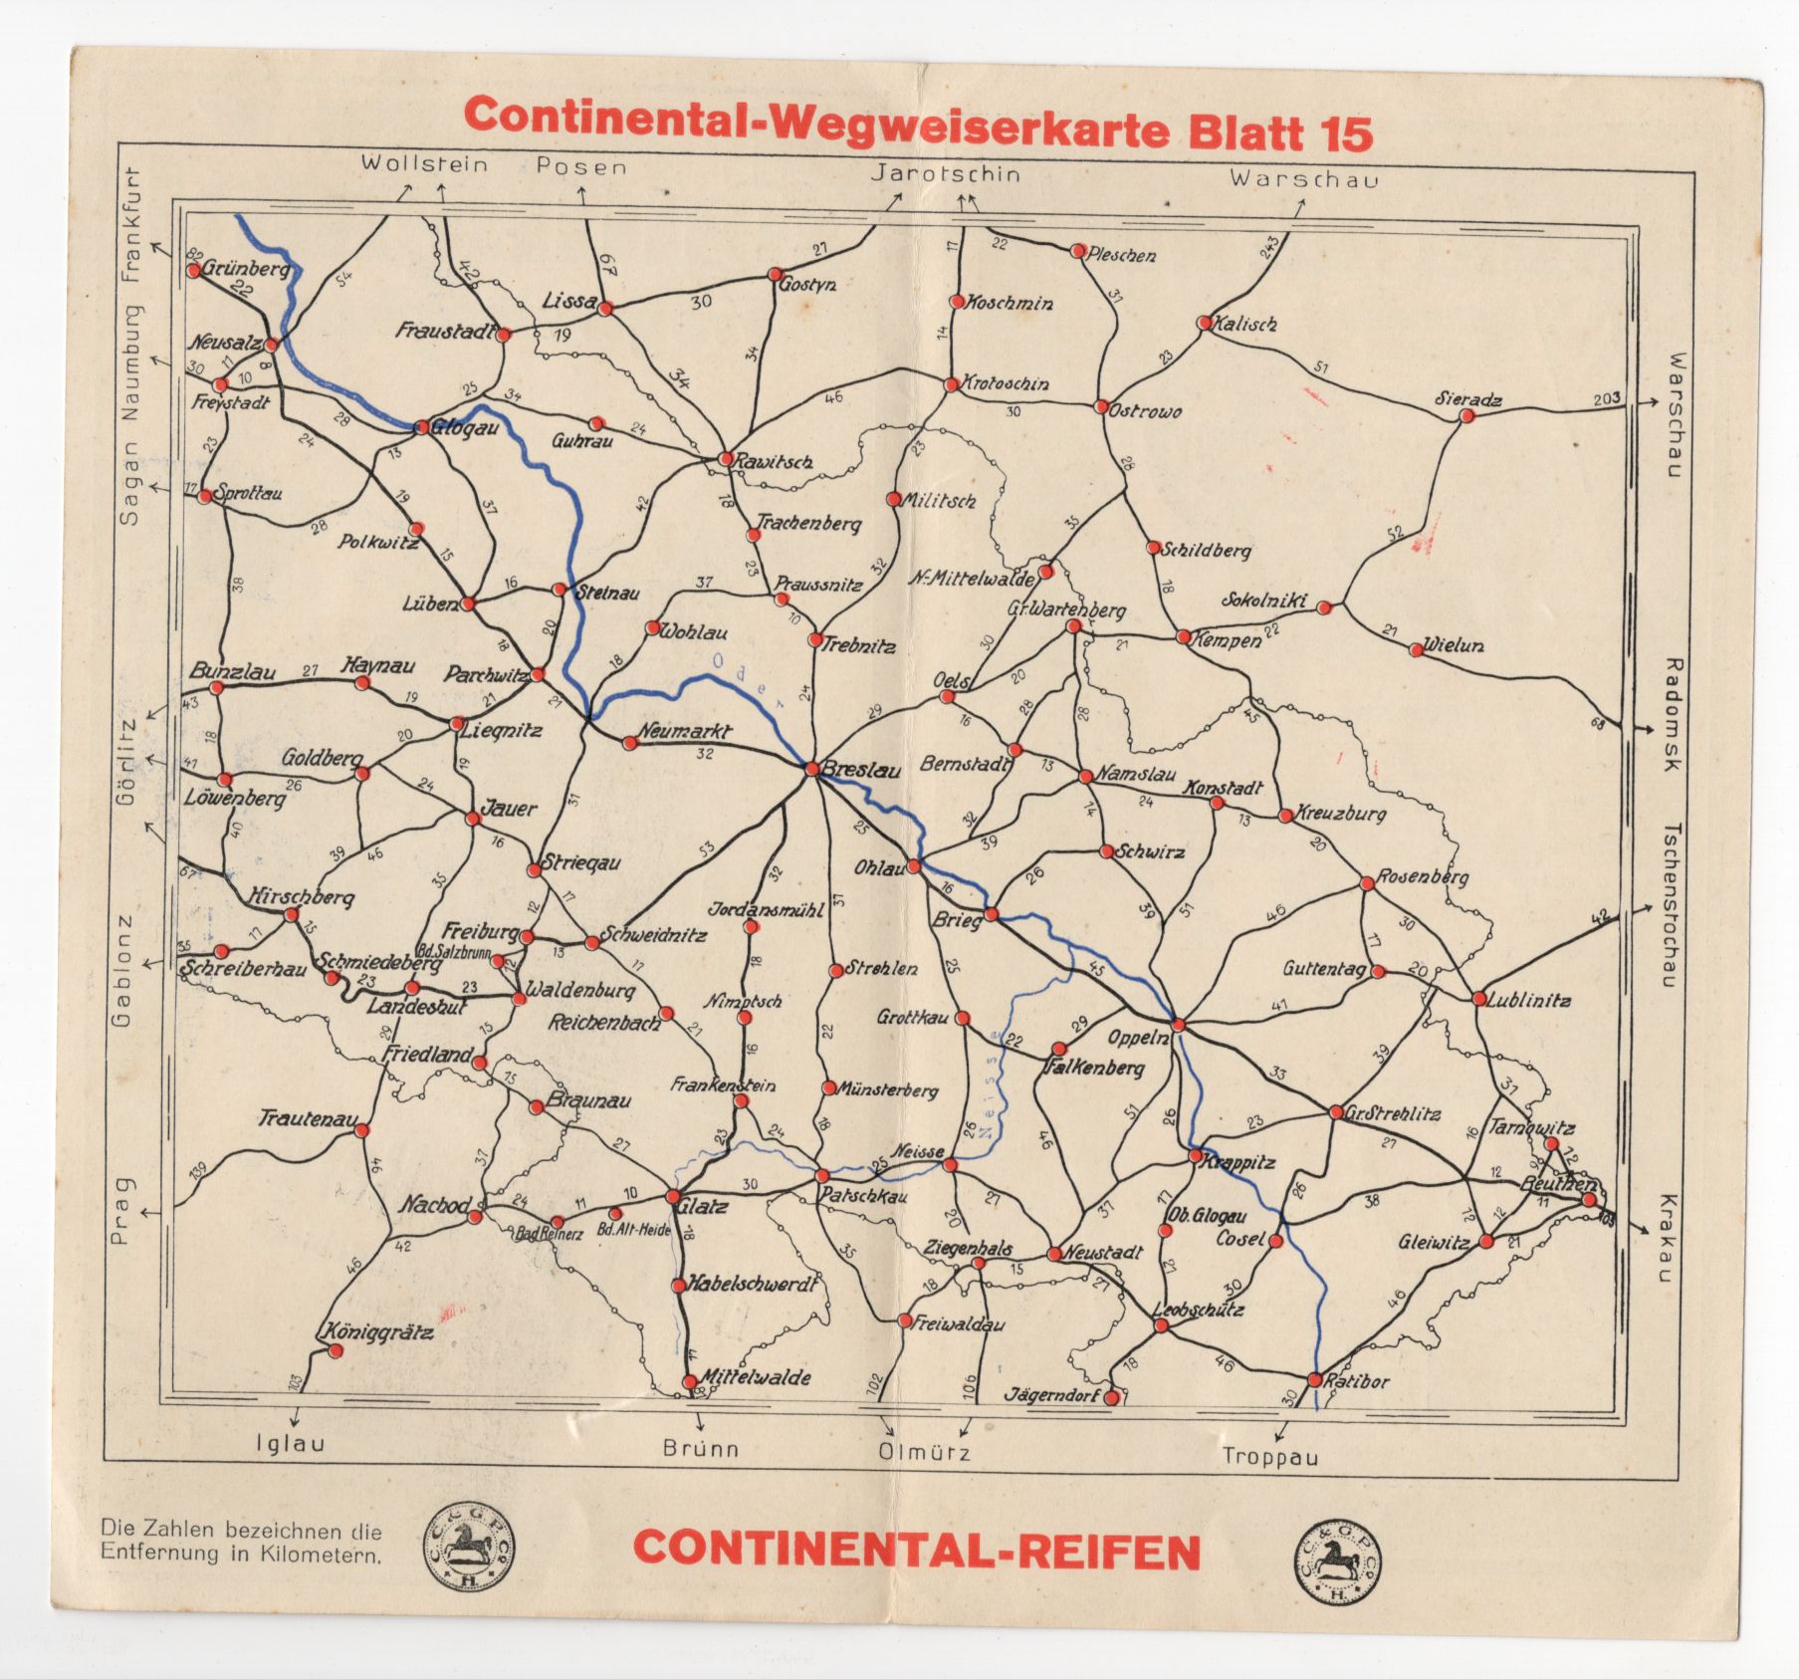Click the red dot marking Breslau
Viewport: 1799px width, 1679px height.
pos(813,769)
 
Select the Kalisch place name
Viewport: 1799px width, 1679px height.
pos(1244,324)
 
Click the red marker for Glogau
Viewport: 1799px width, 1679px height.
pos(421,427)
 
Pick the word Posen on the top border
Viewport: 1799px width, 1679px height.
pos(581,167)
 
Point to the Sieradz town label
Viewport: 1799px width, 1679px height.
pos(1467,399)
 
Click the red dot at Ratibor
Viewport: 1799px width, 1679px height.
pos(1314,1380)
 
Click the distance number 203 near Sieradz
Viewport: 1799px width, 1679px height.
pos(1606,398)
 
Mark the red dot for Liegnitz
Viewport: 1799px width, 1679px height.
pos(457,724)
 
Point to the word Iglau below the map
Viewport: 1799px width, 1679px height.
pos(291,1443)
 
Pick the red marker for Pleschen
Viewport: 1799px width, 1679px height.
pos(1077,251)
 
